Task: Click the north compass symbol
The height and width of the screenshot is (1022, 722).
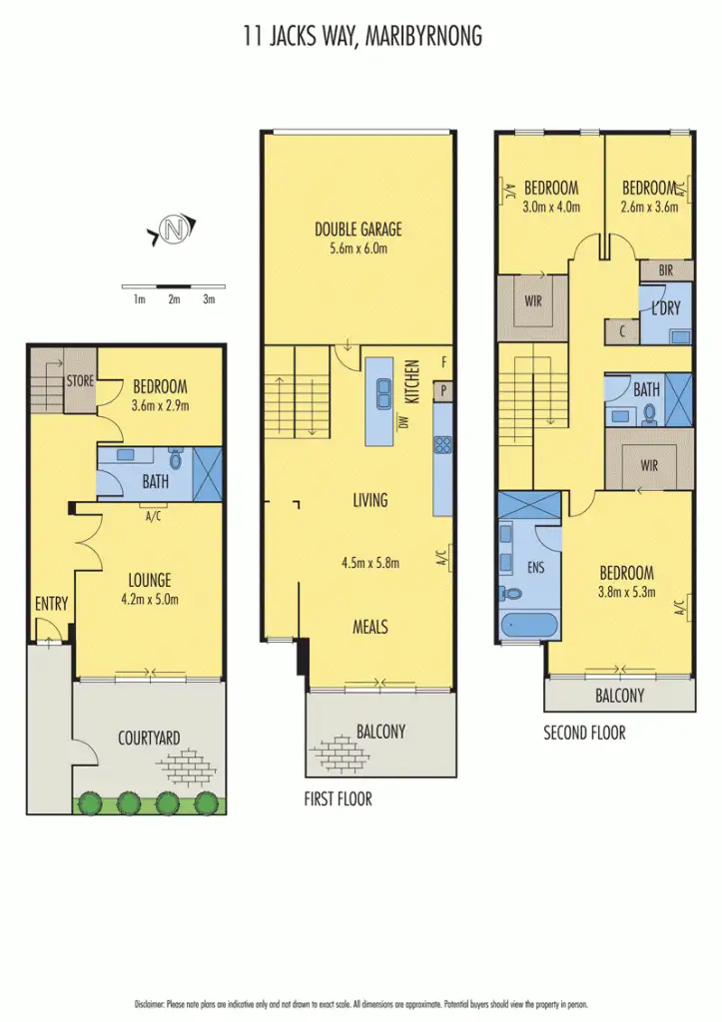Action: [175, 230]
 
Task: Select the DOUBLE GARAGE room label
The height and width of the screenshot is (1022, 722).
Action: [358, 230]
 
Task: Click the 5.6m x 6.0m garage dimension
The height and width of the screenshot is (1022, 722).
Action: [358, 249]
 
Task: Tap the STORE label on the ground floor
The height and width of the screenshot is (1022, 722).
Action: [80, 381]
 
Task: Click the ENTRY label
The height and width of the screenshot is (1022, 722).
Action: [51, 603]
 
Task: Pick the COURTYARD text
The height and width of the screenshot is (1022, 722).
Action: [149, 739]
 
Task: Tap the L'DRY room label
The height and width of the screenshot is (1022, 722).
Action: [665, 308]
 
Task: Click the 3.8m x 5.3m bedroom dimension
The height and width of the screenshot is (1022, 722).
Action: [626, 593]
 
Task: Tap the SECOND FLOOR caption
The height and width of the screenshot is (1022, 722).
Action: [584, 733]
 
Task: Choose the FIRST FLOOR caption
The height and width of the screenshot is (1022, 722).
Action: [338, 799]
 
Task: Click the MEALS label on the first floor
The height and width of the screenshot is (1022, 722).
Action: [369, 627]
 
